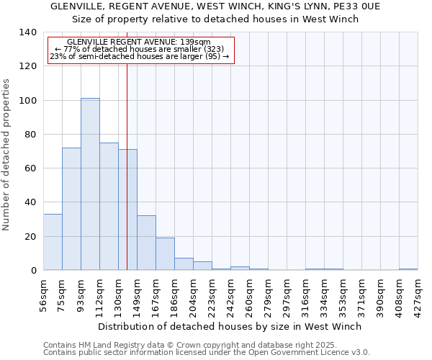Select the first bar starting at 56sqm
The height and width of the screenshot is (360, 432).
[x=53, y=242]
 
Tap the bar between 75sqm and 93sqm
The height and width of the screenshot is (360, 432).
[x=71, y=209]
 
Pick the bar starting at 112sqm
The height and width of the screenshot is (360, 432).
[x=109, y=206]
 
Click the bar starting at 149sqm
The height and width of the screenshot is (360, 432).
[x=146, y=243]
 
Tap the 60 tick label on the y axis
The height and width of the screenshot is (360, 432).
[x=30, y=168]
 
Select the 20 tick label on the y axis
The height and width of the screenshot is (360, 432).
[x=30, y=236]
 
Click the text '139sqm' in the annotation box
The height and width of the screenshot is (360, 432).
[x=196, y=42]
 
